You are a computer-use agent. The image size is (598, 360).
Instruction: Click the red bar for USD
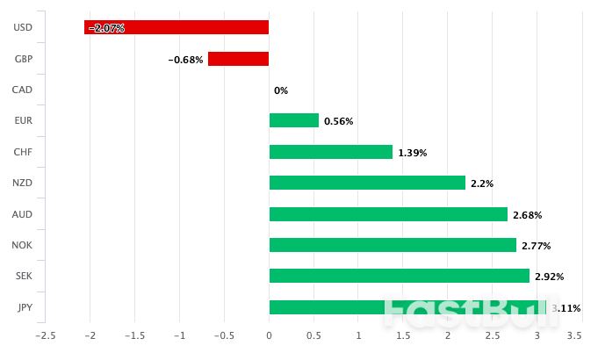pyautogui.click(x=177, y=27)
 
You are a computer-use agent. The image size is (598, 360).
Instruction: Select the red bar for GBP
pyautogui.click(x=238, y=59)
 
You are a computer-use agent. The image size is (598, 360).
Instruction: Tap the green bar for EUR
pyautogui.click(x=293, y=120)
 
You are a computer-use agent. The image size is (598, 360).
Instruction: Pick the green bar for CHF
pyautogui.click(x=330, y=152)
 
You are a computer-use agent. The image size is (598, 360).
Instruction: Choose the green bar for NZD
pyautogui.click(x=366, y=183)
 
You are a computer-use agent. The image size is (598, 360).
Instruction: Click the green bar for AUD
pyautogui.click(x=388, y=214)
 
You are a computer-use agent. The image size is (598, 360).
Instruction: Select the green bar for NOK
pyautogui.click(x=392, y=245)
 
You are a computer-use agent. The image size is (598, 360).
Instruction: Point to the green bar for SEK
pyautogui.click(x=399, y=276)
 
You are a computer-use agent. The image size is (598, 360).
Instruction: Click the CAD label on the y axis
pyautogui.click(x=24, y=90)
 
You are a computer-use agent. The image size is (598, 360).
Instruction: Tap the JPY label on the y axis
pyautogui.click(x=25, y=307)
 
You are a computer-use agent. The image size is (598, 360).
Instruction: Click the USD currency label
pyautogui.click(x=24, y=27)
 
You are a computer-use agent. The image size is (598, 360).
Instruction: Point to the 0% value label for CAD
pyautogui.click(x=281, y=90)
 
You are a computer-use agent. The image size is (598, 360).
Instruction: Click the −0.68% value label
pyautogui.click(x=185, y=60)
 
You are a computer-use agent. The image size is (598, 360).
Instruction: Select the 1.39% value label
pyautogui.click(x=412, y=153)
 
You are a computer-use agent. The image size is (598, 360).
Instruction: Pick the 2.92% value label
pyautogui.click(x=549, y=277)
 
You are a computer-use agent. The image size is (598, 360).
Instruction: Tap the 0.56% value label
pyautogui.click(x=338, y=121)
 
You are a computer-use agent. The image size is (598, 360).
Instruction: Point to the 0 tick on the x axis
pyautogui.click(x=269, y=335)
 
